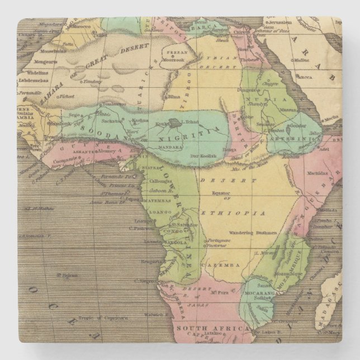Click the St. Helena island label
[65, 274]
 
